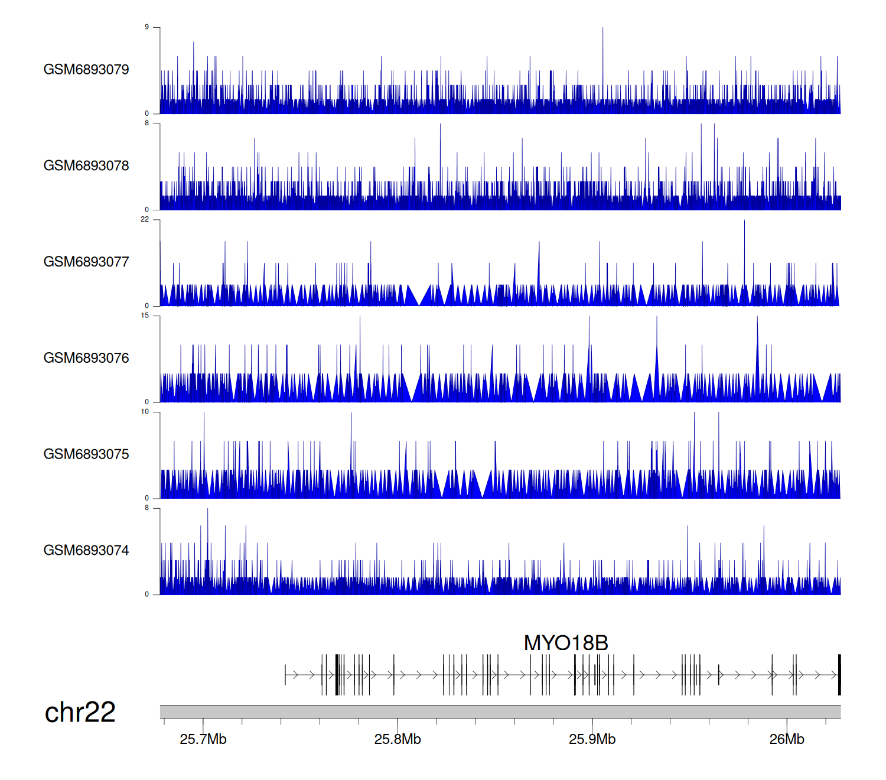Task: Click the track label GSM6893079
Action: click(86, 70)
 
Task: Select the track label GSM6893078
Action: click(86, 166)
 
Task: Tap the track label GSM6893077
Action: click(86, 262)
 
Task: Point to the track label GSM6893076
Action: click(86, 358)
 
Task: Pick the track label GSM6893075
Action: click(86, 454)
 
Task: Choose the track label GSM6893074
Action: click(86, 551)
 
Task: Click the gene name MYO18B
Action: click(566, 643)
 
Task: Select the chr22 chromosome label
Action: click(80, 713)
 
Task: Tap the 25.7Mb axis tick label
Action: click(203, 739)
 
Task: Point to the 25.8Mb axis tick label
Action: click(398, 739)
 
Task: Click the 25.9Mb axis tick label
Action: click(592, 739)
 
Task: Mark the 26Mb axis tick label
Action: click(787, 739)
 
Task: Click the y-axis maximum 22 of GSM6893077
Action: click(145, 219)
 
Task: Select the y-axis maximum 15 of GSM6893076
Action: click(145, 316)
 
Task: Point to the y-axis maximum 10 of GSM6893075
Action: click(145, 412)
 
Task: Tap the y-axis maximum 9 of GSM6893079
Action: click(146, 27)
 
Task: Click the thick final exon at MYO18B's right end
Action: click(839, 675)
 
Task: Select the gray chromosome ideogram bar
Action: click(500, 711)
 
